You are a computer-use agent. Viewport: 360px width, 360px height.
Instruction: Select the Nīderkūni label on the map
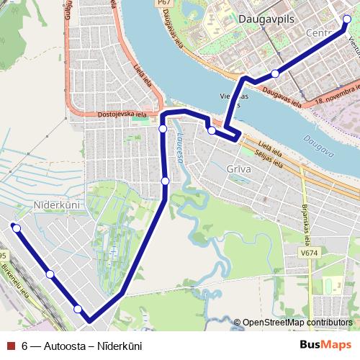tap(56, 205)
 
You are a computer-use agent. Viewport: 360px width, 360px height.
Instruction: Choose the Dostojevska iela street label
tap(122, 114)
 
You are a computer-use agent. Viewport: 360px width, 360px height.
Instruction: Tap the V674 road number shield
tap(310, 253)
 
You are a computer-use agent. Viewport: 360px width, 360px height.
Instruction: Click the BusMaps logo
tap(325, 345)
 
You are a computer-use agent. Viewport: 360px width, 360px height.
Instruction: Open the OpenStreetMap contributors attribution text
tap(297, 323)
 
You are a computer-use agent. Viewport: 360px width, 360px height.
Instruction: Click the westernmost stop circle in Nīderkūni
tap(16, 228)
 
